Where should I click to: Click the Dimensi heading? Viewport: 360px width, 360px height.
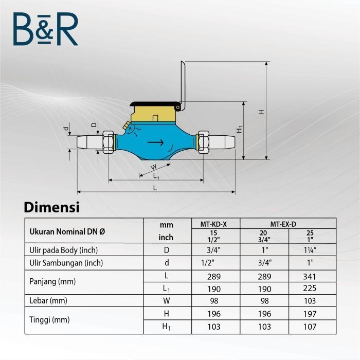(x=51, y=207)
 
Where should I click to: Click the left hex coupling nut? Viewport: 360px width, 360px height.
(x=108, y=142)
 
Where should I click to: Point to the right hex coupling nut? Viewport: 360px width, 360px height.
(x=202, y=142)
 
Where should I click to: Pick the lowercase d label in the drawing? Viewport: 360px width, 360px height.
(x=66, y=128)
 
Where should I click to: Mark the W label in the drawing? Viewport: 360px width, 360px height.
(x=153, y=167)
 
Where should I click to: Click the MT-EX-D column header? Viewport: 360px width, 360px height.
(x=287, y=224)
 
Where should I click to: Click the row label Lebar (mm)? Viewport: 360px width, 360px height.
(x=48, y=300)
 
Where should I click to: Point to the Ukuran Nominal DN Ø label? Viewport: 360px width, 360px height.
(x=67, y=231)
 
